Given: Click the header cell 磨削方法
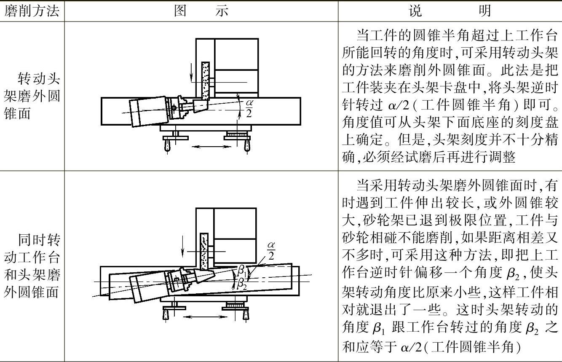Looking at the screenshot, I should pos(32,11).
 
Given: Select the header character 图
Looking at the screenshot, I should pos(180,11).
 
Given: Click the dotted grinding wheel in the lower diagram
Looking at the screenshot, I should pos(204,251).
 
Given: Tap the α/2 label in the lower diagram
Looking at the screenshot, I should pos(271,250).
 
